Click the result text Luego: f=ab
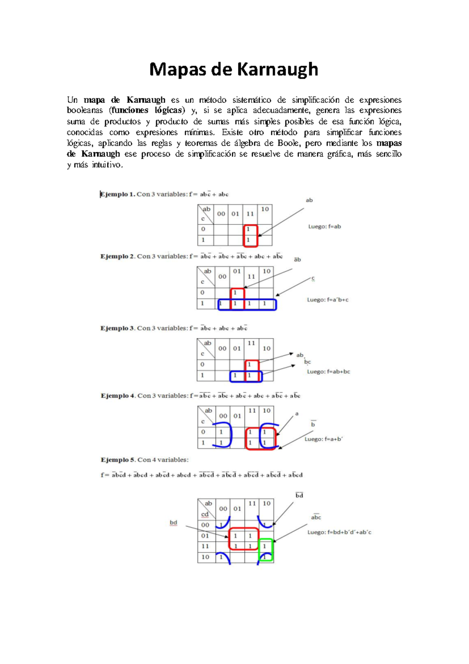324,226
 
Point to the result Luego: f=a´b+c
328,300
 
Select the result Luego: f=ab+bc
328,371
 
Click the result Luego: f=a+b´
324,439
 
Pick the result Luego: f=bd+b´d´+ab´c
339,532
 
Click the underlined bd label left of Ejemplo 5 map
173,523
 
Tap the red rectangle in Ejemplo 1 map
251,235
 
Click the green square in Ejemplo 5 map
266,550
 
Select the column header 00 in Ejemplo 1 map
221,214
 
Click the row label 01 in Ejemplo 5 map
205,536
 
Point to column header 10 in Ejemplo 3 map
267,348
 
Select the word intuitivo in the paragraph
107,165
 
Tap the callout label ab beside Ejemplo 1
309,200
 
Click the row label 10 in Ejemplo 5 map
205,557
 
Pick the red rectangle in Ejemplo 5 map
243,539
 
